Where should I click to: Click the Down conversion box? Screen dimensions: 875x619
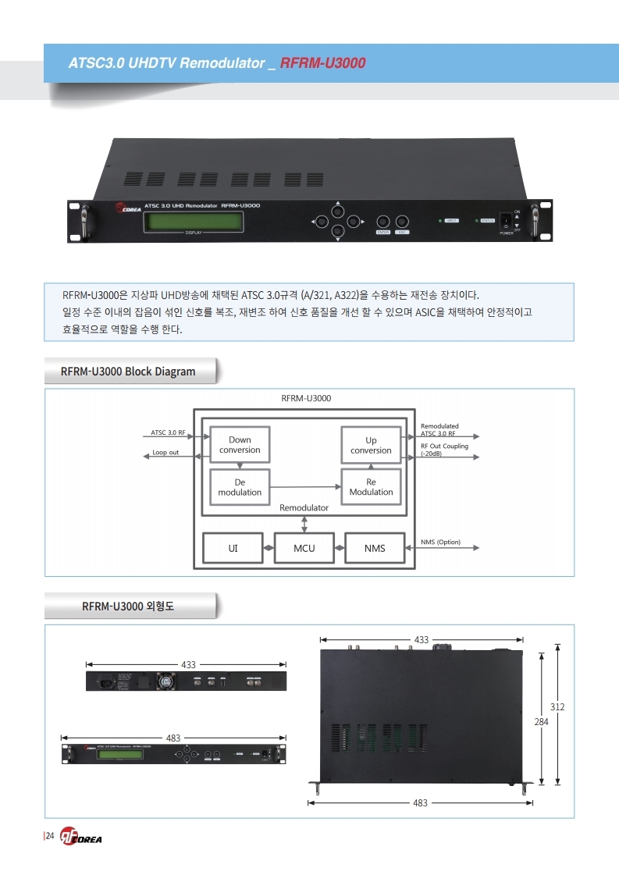(x=240, y=445)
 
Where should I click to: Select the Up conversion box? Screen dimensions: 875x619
(x=371, y=445)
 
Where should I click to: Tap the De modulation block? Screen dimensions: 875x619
(x=240, y=487)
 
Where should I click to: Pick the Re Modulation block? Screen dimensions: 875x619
(x=371, y=487)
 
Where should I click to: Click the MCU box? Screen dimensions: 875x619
(x=304, y=548)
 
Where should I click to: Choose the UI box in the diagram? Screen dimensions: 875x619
(x=233, y=548)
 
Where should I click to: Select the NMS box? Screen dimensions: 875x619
(x=375, y=548)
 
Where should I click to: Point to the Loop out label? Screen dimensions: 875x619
(x=165, y=453)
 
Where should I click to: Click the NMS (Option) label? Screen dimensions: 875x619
(x=440, y=542)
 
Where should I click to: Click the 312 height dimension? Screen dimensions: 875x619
(x=557, y=706)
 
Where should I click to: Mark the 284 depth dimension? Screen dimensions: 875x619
(x=541, y=723)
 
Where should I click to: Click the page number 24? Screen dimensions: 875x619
(x=49, y=837)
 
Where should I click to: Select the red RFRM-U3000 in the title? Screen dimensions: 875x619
(x=322, y=62)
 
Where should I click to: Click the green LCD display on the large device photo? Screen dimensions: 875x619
(x=194, y=221)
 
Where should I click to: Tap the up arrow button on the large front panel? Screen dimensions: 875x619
(x=337, y=211)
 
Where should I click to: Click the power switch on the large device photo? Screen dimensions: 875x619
(x=506, y=221)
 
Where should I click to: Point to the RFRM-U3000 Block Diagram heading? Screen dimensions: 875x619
(x=128, y=372)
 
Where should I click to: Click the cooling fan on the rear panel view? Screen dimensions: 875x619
(x=165, y=681)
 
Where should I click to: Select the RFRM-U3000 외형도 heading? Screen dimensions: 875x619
(x=128, y=606)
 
